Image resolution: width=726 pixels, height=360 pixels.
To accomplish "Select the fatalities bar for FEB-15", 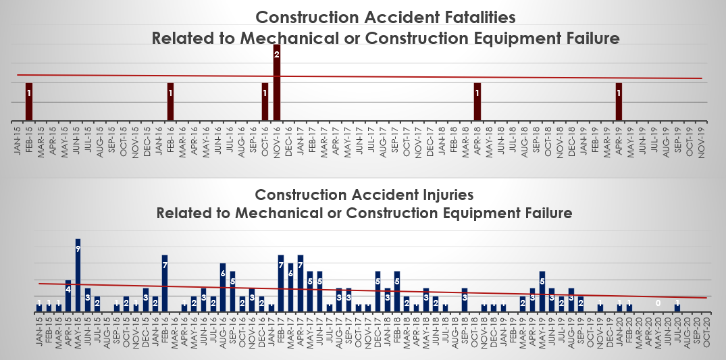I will click(x=28, y=102).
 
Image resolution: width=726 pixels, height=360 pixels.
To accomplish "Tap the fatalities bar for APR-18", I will click(x=477, y=102).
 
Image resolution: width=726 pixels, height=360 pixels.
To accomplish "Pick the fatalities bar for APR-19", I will click(x=619, y=102).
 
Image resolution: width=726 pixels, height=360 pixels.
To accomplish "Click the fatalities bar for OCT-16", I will click(x=265, y=102).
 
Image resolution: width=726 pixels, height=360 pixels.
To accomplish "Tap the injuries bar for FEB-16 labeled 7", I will click(x=165, y=284).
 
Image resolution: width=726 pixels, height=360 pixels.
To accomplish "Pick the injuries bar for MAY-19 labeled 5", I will click(x=542, y=292).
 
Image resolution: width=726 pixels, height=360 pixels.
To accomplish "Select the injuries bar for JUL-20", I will click(x=677, y=308).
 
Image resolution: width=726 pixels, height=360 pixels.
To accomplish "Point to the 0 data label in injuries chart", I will click(x=658, y=304).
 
